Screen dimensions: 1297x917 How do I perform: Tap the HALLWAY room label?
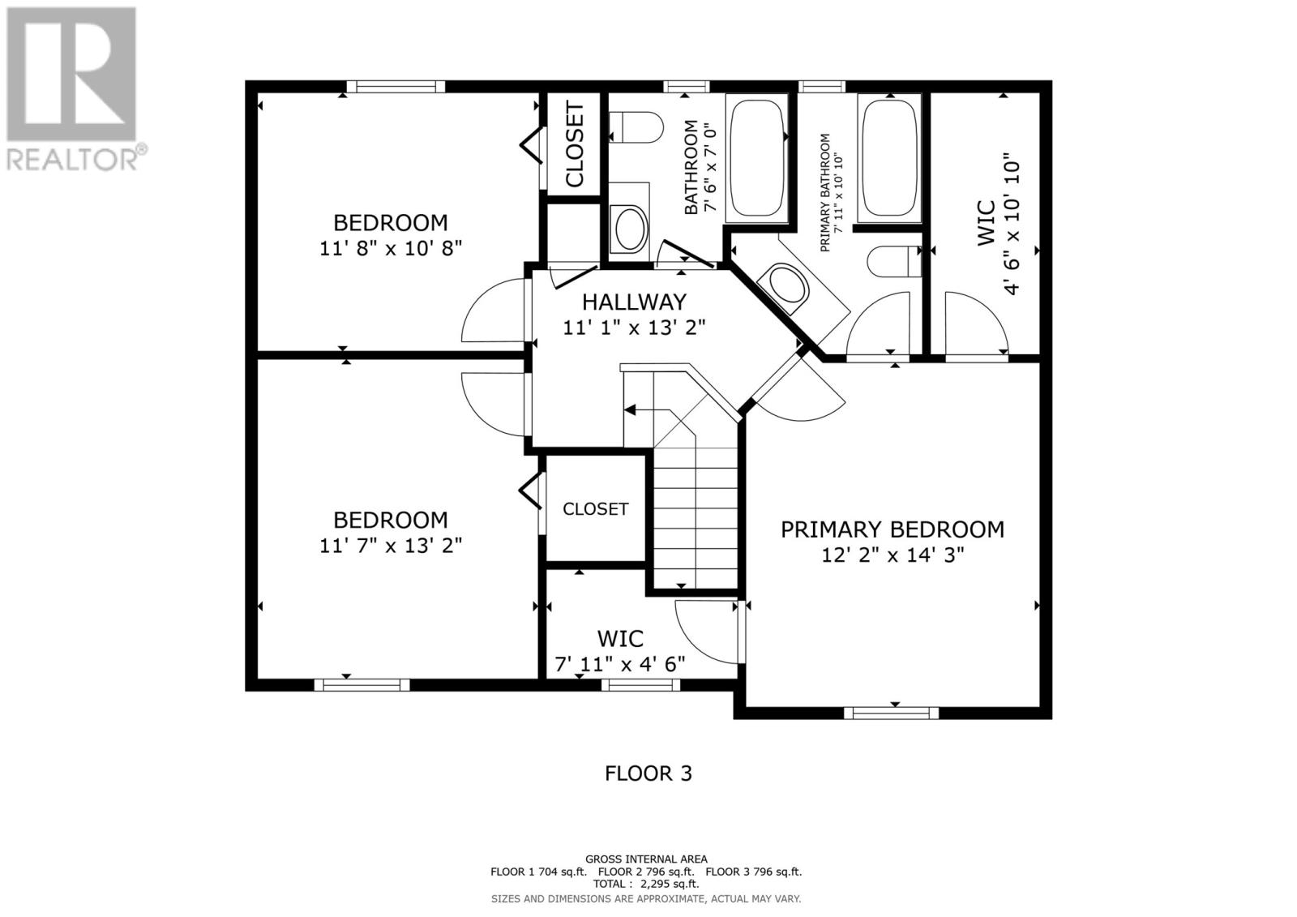(x=634, y=302)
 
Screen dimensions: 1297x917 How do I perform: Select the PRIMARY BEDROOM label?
(x=892, y=529)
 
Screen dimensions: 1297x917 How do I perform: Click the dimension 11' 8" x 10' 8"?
(x=391, y=249)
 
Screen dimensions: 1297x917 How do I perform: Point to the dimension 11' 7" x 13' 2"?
(x=391, y=546)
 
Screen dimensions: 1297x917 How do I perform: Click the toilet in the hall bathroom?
(x=636, y=127)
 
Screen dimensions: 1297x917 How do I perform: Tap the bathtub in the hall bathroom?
(x=756, y=157)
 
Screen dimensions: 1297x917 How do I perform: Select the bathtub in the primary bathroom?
(x=889, y=157)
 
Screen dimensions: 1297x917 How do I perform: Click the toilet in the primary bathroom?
(x=895, y=261)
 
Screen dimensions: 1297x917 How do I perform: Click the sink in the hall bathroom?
(x=631, y=229)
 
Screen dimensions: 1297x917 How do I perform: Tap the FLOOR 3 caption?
(x=648, y=773)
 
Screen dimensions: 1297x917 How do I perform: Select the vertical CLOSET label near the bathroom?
(x=575, y=144)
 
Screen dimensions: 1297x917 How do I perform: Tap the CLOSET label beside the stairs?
(x=595, y=509)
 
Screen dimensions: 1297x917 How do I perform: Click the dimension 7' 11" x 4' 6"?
(x=620, y=664)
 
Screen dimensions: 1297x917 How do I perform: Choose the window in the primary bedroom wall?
(x=891, y=713)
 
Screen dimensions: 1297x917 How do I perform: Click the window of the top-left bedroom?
(x=396, y=87)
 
